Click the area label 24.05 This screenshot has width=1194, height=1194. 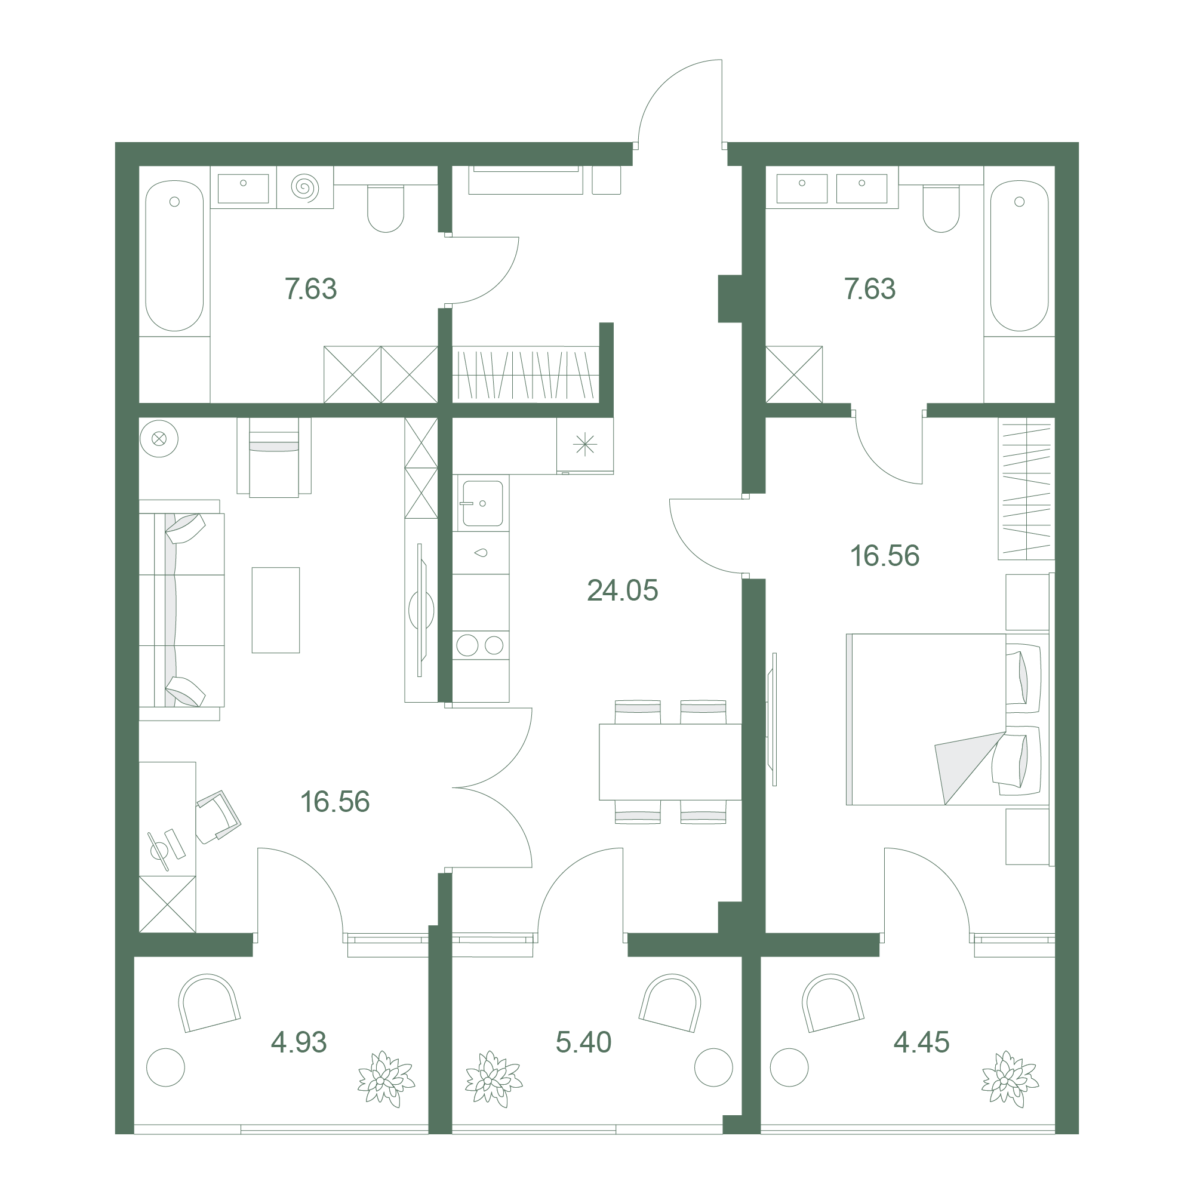pyautogui.click(x=622, y=590)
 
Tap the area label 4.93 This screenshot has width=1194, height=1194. pyautogui.click(x=298, y=1042)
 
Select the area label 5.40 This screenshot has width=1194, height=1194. pyautogui.click(x=583, y=1042)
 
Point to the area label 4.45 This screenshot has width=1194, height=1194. pyautogui.click(x=921, y=1042)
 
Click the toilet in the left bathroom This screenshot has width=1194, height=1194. pyautogui.click(x=386, y=208)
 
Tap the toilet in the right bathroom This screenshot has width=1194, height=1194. pyautogui.click(x=941, y=208)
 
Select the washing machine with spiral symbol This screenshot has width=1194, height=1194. pyautogui.click(x=304, y=187)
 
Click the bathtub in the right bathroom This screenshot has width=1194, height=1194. pyautogui.click(x=1019, y=256)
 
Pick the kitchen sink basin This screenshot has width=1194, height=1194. pyautogui.click(x=482, y=503)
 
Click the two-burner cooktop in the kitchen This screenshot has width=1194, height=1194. pyautogui.click(x=480, y=645)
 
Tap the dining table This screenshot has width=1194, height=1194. pyautogui.click(x=670, y=762)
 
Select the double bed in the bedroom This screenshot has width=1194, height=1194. pyautogui.click(x=947, y=719)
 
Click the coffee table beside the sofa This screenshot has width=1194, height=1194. pyautogui.click(x=276, y=610)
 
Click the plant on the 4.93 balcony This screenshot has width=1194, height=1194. pyautogui.click(x=386, y=1078)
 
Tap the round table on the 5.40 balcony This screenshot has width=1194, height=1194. pyautogui.click(x=713, y=1067)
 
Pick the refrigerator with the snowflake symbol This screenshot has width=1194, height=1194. pyautogui.click(x=584, y=445)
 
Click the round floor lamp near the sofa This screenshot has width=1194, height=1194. pyautogui.click(x=159, y=439)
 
